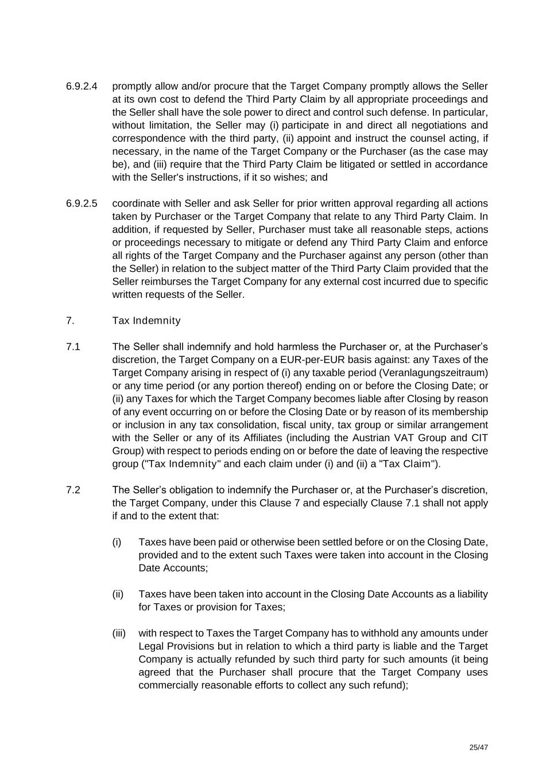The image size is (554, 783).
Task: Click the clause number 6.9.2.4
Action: coord(82,86)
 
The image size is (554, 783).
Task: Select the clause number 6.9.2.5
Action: coord(82,203)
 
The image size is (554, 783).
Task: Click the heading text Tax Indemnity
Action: coord(146,321)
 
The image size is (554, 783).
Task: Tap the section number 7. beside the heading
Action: coord(70,321)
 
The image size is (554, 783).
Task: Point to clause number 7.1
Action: coord(73,346)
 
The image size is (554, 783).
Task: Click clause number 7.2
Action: coord(73,490)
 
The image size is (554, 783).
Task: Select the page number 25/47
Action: coord(478,747)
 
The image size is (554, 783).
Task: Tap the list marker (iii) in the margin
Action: coord(119,633)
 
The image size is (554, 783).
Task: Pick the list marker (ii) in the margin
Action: coord(118,594)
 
